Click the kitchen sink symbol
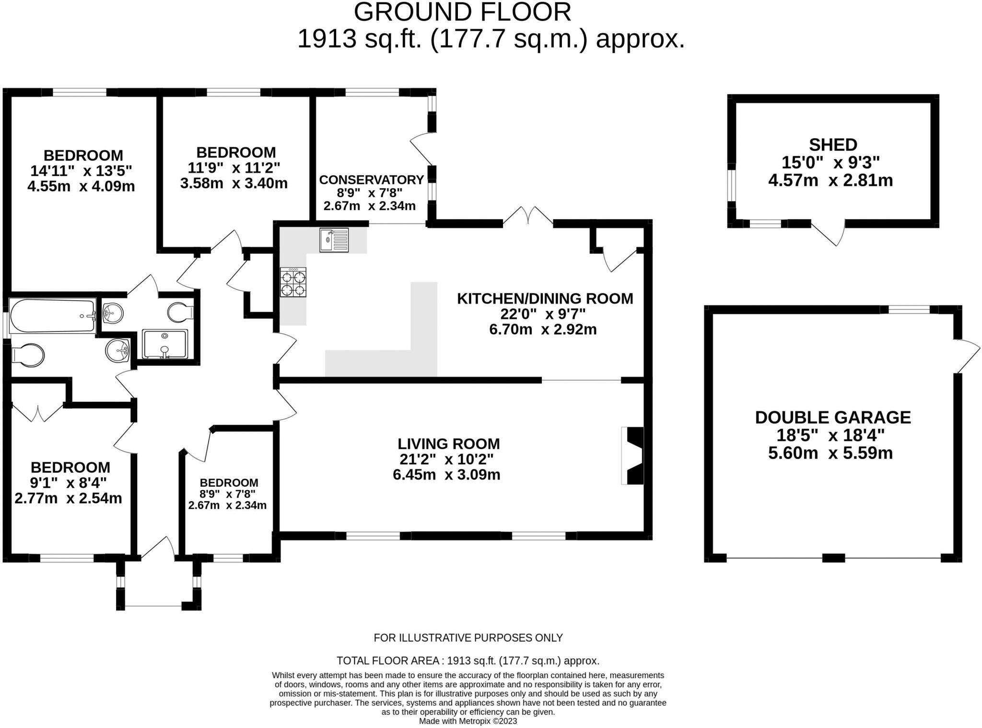click(x=334, y=240)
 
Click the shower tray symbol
click(x=165, y=344)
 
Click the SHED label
click(x=833, y=144)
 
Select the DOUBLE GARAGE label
click(x=833, y=417)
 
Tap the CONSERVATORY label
click(x=371, y=180)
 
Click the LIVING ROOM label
click(x=449, y=444)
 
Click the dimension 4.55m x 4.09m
click(x=81, y=186)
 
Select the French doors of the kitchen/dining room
click(x=528, y=216)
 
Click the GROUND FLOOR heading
click(x=462, y=12)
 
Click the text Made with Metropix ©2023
click(x=468, y=721)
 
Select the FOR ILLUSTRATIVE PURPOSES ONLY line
click(x=468, y=638)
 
